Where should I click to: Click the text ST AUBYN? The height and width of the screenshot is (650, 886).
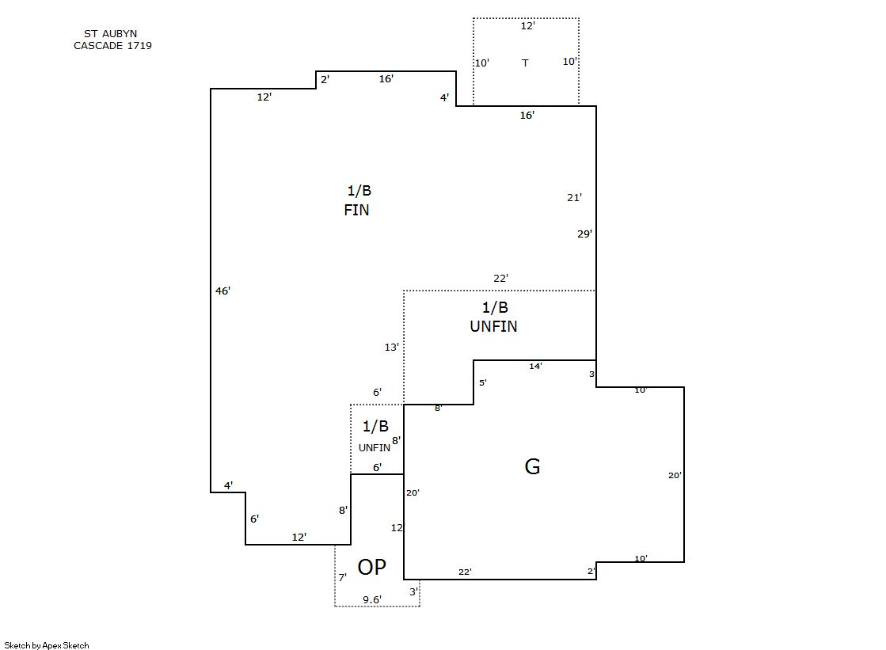[110, 34]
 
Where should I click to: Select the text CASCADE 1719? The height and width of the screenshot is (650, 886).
[112, 46]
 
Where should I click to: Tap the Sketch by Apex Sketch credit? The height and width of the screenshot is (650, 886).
[47, 645]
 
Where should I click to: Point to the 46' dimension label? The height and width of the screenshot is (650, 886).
[222, 291]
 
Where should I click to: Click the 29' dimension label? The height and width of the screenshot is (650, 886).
[584, 234]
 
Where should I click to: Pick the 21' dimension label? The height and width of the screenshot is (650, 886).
[574, 197]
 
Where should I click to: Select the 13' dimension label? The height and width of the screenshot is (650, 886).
[392, 347]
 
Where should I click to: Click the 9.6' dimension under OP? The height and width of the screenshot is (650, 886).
[372, 599]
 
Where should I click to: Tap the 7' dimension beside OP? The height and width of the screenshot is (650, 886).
[342, 577]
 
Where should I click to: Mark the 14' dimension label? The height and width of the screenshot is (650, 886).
[535, 367]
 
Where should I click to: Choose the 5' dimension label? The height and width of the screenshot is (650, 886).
[482, 382]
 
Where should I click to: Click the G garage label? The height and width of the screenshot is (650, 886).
[532, 466]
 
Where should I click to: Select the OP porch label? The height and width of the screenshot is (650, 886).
[372, 567]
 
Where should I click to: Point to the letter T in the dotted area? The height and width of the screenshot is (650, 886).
[525, 63]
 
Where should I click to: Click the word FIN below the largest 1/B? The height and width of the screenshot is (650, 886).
[356, 210]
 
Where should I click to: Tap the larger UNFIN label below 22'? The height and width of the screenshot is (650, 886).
[493, 326]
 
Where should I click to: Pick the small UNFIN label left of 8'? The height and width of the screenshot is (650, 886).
[374, 447]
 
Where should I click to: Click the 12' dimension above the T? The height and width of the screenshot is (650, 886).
[527, 26]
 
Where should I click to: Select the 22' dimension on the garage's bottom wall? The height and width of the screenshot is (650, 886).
[465, 572]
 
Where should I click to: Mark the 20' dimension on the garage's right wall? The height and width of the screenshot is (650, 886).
[675, 475]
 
